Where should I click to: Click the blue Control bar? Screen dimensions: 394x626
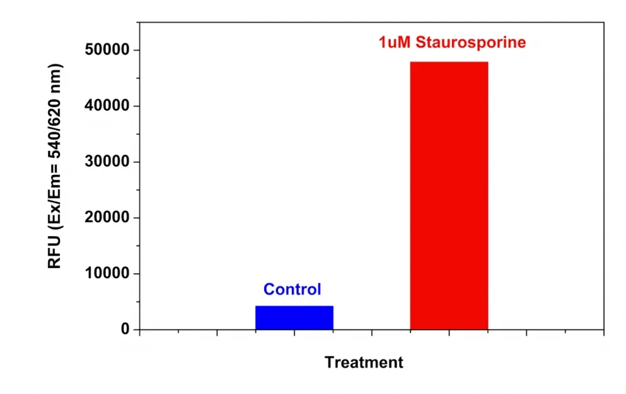point(294,318)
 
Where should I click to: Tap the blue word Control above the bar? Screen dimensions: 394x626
point(292,289)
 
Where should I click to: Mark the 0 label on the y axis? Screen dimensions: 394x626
point(125,329)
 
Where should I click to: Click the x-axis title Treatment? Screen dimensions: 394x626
point(364,362)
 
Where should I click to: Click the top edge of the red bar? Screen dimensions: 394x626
point(449,62)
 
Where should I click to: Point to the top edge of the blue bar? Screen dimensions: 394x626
point(294,306)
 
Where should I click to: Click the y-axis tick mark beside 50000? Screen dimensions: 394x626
point(136,50)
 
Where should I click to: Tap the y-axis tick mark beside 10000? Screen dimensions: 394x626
point(136,274)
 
